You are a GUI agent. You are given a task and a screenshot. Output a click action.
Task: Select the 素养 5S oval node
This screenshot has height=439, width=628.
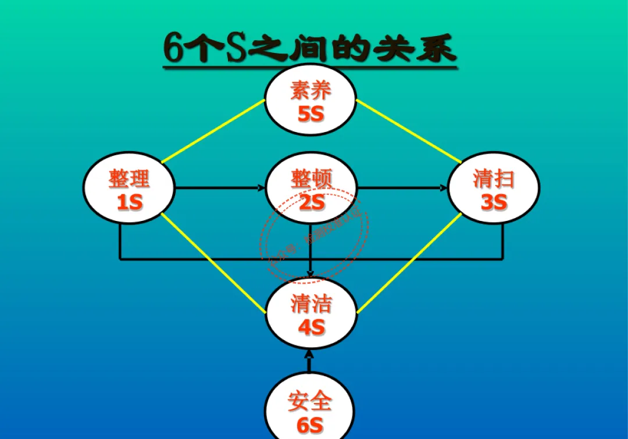point(311,101)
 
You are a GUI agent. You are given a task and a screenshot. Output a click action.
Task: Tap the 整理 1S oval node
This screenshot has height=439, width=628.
point(129,188)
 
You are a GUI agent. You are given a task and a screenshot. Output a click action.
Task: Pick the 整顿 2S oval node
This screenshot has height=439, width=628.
point(311,188)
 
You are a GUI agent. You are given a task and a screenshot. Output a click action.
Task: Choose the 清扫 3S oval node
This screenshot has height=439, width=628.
point(493,188)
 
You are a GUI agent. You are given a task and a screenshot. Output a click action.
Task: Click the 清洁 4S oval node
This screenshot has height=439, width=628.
point(311,314)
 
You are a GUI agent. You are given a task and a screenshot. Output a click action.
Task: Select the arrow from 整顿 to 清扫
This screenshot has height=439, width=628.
point(402,188)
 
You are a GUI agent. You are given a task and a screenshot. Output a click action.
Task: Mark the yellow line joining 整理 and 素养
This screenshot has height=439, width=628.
point(212,131)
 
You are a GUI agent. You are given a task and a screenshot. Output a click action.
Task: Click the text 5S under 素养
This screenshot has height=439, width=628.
point(311,114)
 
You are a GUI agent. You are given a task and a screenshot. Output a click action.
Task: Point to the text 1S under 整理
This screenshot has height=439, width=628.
point(130,202)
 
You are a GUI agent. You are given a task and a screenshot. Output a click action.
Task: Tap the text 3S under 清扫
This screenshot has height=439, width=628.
point(494,202)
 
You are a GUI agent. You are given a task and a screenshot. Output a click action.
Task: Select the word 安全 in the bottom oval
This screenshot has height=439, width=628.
point(310,401)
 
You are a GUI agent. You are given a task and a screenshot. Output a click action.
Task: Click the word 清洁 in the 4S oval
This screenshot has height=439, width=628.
point(311,304)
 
